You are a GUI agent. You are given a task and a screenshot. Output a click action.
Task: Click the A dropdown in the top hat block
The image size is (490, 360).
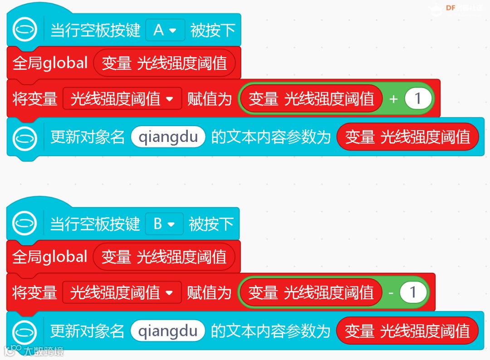(x=165, y=30)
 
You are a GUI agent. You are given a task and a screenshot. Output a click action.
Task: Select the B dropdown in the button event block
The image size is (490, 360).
(x=164, y=224)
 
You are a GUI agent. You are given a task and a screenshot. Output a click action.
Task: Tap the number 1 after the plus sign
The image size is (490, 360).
(x=418, y=98)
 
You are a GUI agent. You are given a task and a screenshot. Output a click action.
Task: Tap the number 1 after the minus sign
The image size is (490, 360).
(x=413, y=292)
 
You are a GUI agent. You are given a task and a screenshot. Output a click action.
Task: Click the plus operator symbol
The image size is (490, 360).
(x=393, y=99)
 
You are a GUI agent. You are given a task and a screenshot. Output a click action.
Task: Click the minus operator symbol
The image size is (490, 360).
(x=391, y=293)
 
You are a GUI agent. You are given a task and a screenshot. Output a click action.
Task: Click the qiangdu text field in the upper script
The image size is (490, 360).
(x=168, y=137)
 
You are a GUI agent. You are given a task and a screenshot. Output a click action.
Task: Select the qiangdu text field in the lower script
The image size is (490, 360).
(x=168, y=331)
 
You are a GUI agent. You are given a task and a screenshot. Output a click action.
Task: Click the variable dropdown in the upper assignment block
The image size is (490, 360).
(x=122, y=98)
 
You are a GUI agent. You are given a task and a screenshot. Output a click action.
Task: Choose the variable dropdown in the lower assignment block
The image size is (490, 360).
(x=122, y=292)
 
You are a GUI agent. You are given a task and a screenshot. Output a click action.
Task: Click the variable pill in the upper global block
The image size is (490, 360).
(x=164, y=63)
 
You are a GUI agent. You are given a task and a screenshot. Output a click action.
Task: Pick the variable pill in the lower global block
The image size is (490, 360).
(x=164, y=257)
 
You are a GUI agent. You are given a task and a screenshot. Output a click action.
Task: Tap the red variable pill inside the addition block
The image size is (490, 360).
(x=311, y=98)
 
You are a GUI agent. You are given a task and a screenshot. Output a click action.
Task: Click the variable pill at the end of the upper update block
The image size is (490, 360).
(x=407, y=137)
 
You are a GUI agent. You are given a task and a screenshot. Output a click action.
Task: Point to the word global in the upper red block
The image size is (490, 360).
(x=65, y=63)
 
